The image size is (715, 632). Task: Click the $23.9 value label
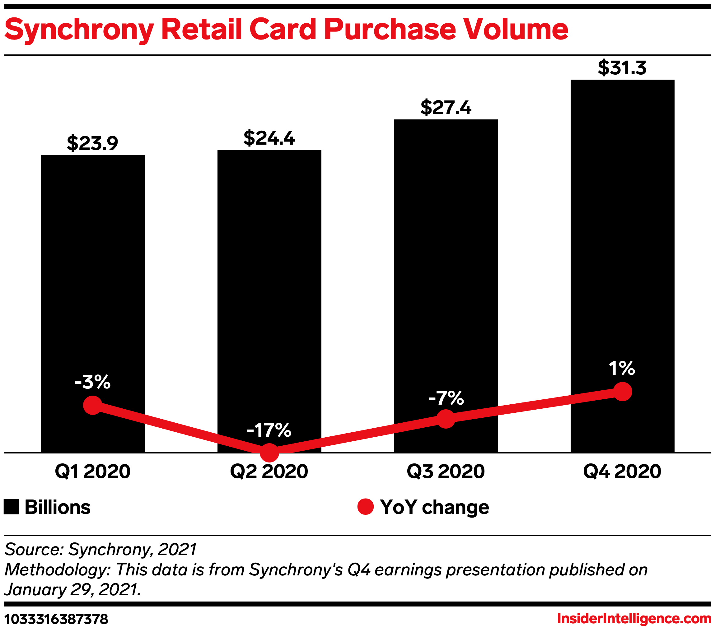[92, 143]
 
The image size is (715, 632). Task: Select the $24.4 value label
[269, 138]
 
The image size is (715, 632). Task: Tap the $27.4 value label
[446, 107]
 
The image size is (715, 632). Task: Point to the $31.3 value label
[622, 67]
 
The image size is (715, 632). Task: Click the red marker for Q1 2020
[93, 405]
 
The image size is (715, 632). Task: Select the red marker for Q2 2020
[269, 453]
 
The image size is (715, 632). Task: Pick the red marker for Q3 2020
[446, 419]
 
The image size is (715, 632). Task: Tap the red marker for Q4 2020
[623, 392]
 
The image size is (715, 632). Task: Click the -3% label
[92, 382]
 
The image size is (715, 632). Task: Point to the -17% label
[269, 430]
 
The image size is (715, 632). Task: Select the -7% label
[446, 398]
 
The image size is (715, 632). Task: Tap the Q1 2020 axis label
[93, 472]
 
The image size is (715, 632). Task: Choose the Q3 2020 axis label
[446, 472]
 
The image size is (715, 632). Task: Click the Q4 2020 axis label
[622, 472]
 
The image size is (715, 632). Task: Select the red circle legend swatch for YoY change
[366, 507]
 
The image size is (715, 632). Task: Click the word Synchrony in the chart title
[79, 30]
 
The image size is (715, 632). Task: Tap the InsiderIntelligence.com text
[634, 619]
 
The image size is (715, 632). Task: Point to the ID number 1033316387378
[56, 619]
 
